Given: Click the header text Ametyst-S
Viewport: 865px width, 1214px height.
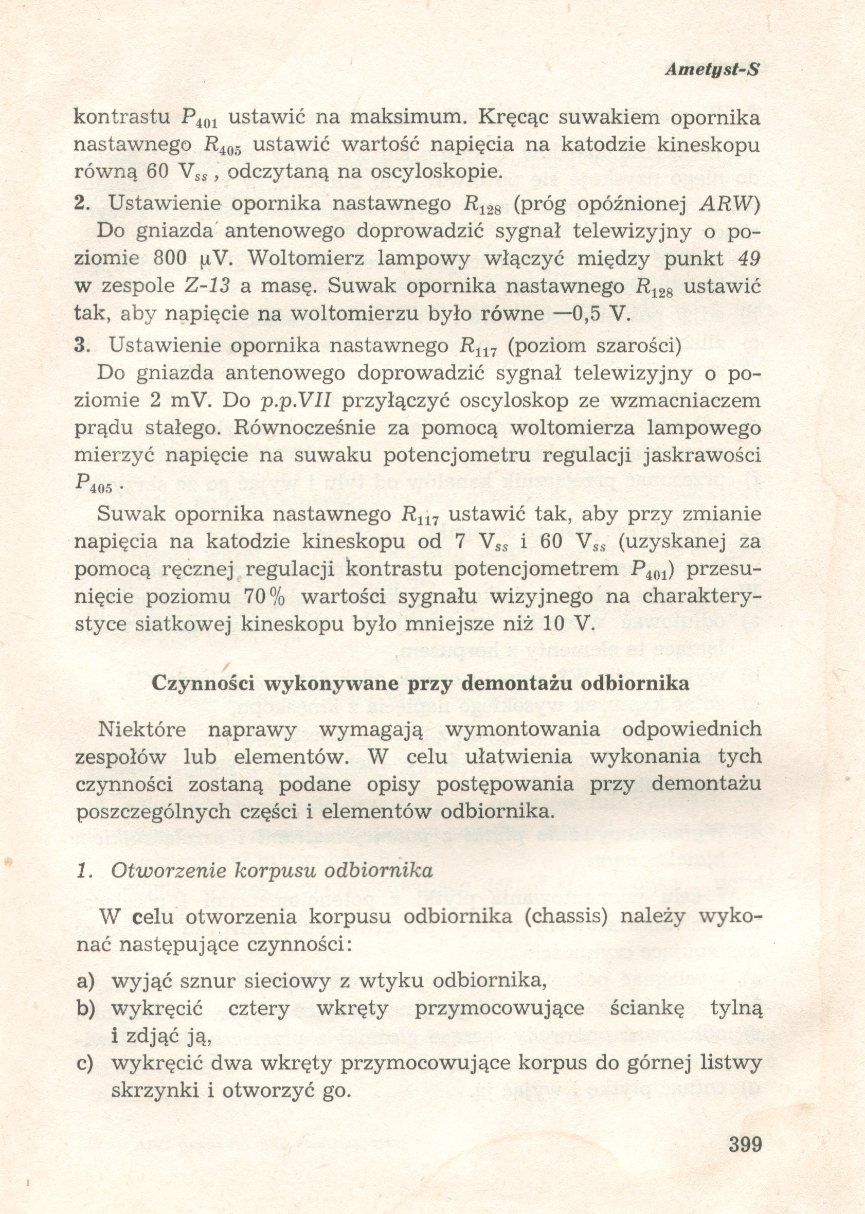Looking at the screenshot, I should [712, 70].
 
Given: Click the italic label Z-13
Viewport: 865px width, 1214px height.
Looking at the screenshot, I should [206, 286].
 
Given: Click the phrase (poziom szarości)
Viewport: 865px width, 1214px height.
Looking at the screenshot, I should [595, 345].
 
